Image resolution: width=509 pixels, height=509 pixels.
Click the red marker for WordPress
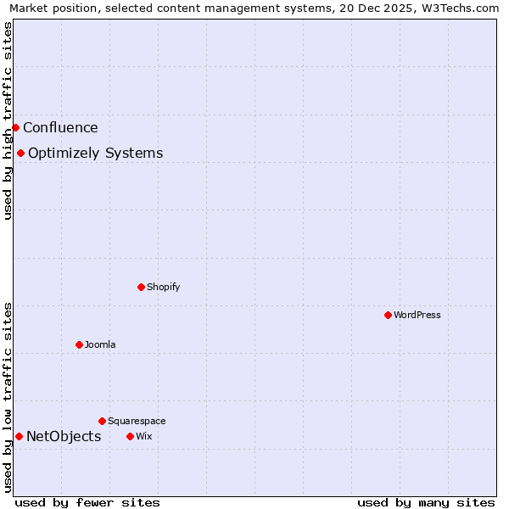(388, 315)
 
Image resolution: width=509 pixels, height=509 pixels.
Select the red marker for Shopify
(141, 287)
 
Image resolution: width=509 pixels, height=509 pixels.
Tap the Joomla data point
(79, 344)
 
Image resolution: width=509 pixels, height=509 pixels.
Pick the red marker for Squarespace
(102, 421)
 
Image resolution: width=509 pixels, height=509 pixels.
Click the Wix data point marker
(130, 436)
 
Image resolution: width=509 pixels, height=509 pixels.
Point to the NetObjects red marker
(19, 436)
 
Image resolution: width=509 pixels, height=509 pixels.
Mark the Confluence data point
(15, 127)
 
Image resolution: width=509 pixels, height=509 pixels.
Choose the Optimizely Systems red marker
(20, 153)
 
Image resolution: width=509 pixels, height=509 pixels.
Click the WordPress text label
(417, 315)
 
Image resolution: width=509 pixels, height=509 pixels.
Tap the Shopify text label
(164, 287)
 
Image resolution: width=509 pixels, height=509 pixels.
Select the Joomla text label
(100, 344)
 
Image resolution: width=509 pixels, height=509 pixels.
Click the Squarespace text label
(137, 421)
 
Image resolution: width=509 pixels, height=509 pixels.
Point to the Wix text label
(143, 436)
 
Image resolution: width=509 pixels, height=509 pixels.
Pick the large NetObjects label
(64, 436)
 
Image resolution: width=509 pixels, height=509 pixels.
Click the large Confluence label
(60, 127)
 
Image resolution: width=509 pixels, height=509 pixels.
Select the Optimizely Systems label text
(95, 153)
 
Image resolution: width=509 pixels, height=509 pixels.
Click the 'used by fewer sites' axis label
(87, 502)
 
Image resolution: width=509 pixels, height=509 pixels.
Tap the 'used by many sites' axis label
(426, 502)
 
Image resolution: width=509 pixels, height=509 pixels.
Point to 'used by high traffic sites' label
(8, 120)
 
